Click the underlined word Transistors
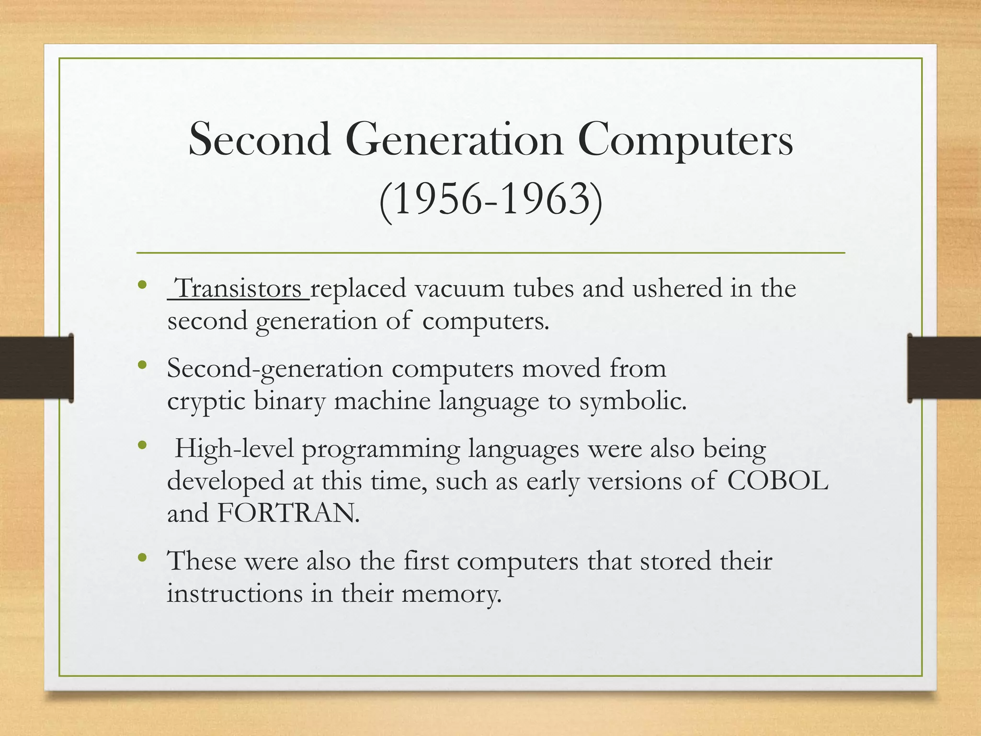click(x=239, y=289)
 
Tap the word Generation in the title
click(x=454, y=140)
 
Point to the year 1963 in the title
click(x=544, y=200)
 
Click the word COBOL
click(x=777, y=481)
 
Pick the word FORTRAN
click(x=287, y=513)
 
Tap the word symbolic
click(x=633, y=401)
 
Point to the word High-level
click(x=234, y=449)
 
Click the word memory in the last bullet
click(x=451, y=594)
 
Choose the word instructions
click(x=235, y=594)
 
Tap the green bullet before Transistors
click(x=141, y=286)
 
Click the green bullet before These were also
click(x=141, y=558)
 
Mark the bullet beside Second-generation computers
click(x=141, y=366)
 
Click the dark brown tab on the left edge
click(x=36, y=368)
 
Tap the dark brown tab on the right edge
click(x=944, y=368)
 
